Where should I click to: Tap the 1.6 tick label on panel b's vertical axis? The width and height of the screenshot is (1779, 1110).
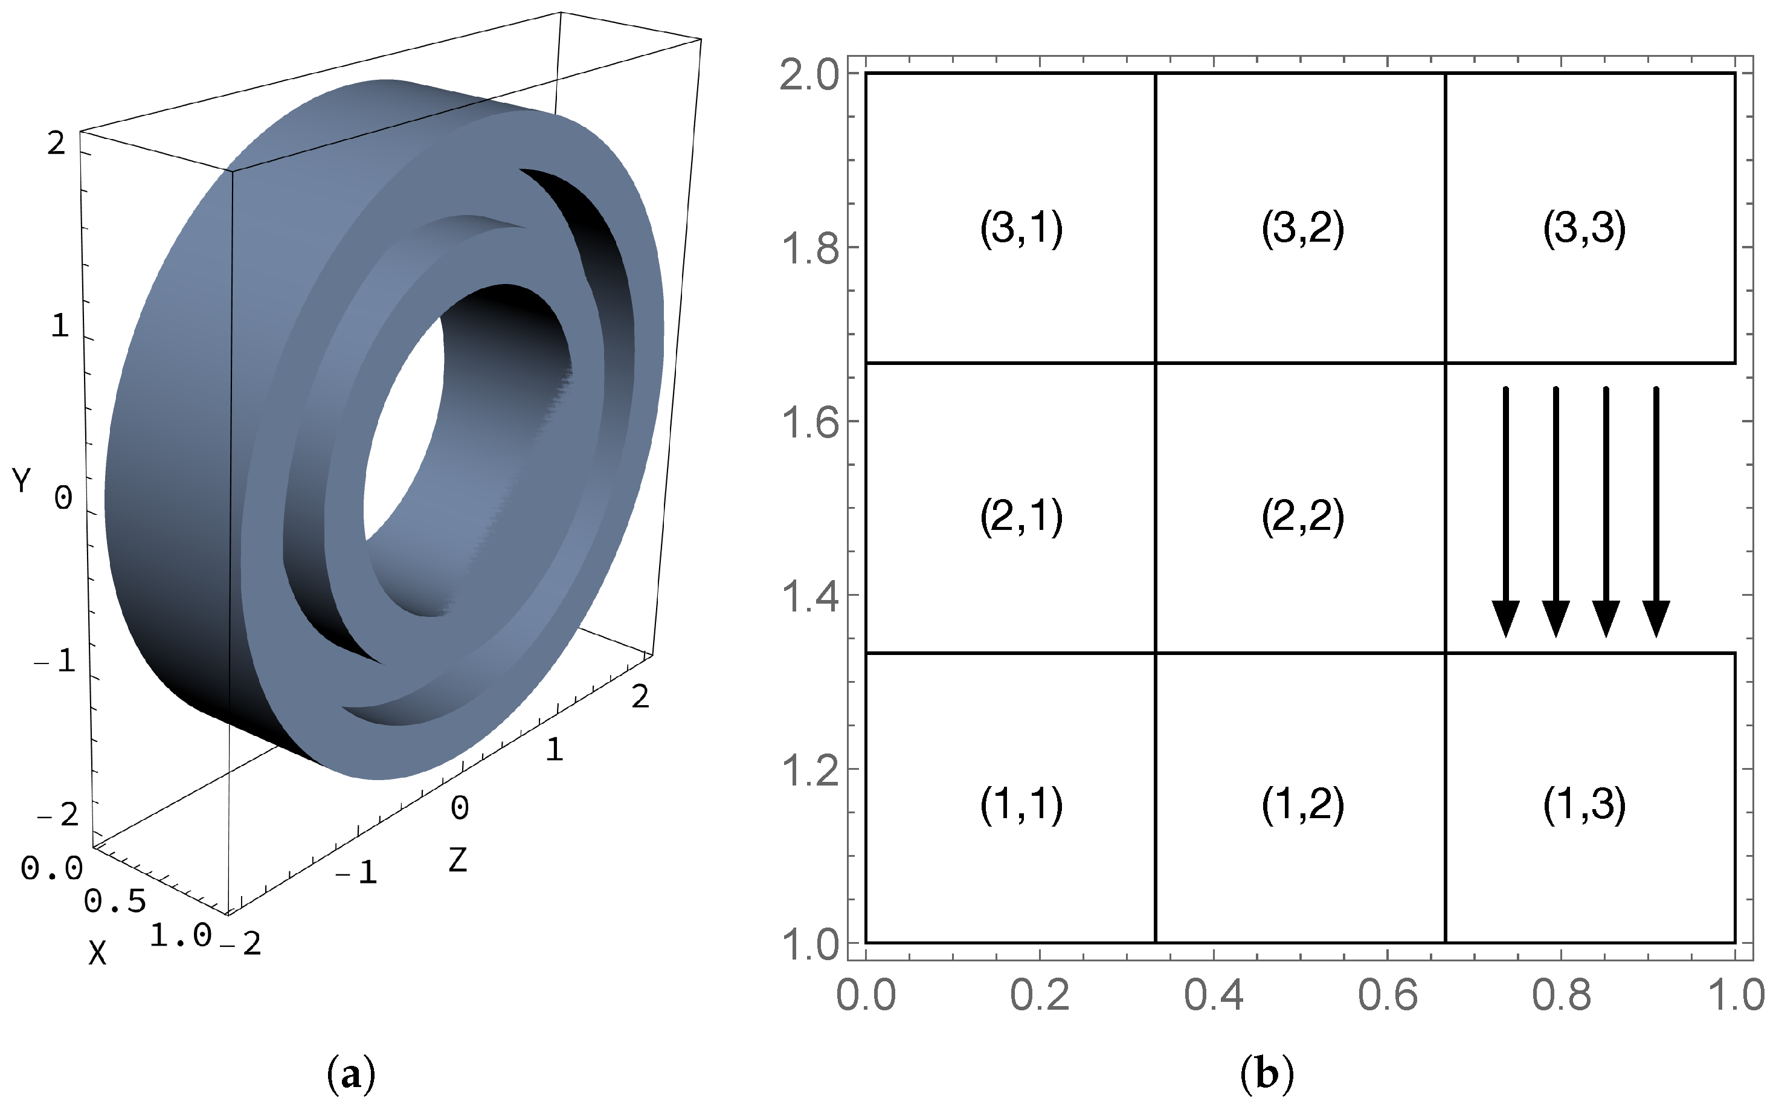tap(809, 423)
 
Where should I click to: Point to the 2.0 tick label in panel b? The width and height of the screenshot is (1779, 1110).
tap(809, 76)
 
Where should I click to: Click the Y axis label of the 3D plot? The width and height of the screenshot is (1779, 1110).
tap(22, 482)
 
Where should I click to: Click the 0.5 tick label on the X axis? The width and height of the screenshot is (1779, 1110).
tap(115, 902)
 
